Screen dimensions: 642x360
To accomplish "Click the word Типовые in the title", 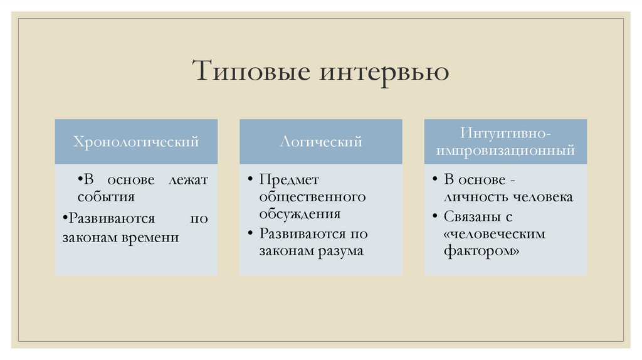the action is [x=253, y=71].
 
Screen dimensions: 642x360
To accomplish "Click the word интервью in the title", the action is [x=385, y=71].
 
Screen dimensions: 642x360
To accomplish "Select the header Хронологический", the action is [x=136, y=142].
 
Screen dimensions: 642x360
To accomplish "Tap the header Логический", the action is [x=321, y=142].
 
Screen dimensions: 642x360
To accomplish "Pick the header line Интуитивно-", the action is [x=505, y=134].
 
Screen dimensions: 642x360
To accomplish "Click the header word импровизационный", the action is [x=505, y=151].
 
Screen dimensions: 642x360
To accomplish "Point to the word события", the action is [x=106, y=197].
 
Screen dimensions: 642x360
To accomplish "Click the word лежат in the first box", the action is [x=188, y=180].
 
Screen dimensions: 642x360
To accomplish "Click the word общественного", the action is [x=312, y=197].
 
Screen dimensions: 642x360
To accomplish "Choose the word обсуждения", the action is [x=300, y=213].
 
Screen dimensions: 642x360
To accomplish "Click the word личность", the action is [x=475, y=197].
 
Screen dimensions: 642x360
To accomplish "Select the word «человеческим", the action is [x=495, y=234].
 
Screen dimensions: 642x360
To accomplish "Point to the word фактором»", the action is [x=481, y=251].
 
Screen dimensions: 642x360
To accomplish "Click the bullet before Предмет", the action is [x=250, y=180].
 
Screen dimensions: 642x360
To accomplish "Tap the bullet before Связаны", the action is [x=435, y=217].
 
